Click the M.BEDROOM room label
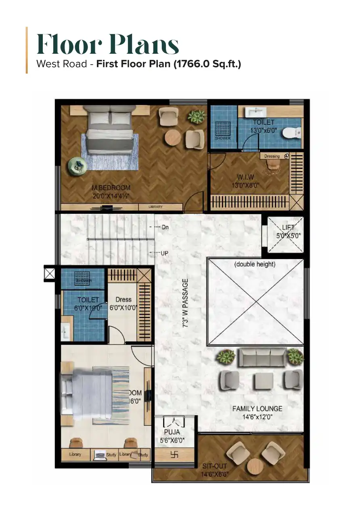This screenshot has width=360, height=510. coord(111,188)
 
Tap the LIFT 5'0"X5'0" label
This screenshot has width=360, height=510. coord(288,232)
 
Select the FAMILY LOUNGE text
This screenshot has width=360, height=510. coord(257,409)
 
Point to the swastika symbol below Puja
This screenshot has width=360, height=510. coord(175,454)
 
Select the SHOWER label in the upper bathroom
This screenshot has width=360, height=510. coord(222,138)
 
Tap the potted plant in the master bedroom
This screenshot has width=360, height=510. coord(197,117)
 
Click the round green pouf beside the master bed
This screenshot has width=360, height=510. coord(75,166)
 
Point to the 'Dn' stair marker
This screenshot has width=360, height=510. coord(164,228)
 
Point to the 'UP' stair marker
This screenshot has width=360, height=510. coord(164,253)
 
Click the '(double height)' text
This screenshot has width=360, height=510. coord(255,264)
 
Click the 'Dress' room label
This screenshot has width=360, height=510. coord(123,299)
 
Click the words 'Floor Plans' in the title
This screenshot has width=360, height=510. coord(108,45)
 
